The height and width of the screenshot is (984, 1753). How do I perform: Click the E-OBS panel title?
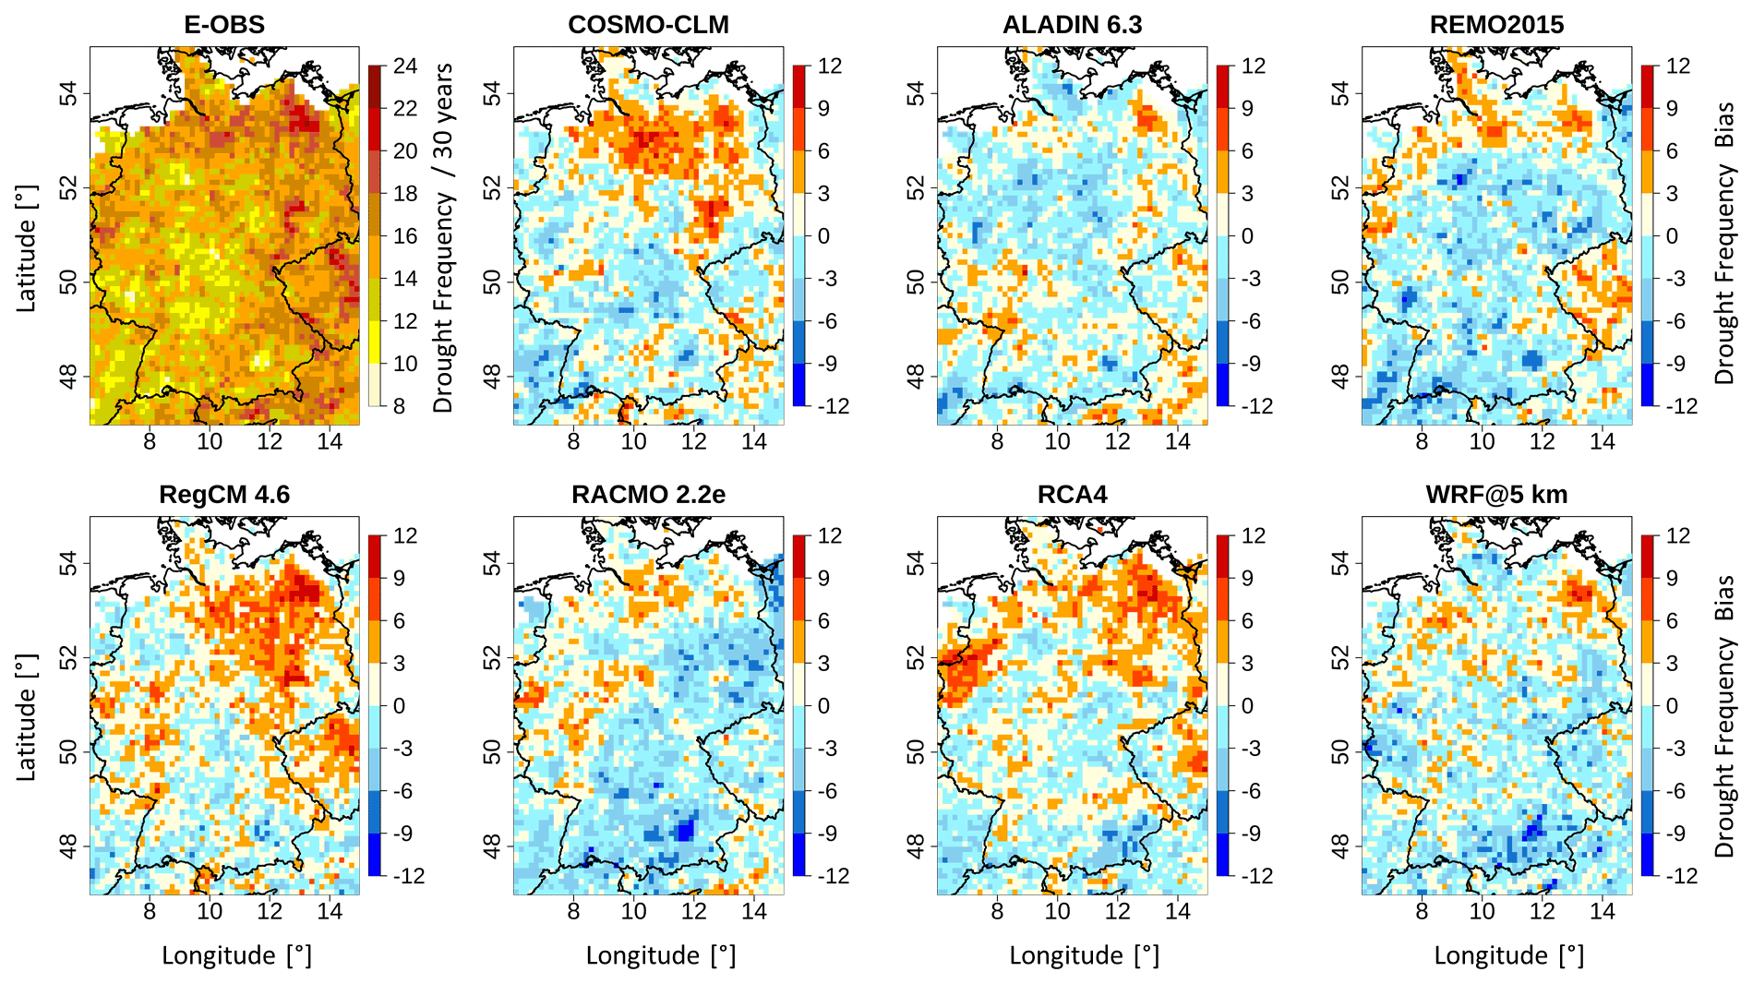pos(224,25)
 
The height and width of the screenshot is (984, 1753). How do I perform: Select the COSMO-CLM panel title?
pos(648,25)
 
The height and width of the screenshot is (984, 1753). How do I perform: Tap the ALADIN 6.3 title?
pos(1072,25)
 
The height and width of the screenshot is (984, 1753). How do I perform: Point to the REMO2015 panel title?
pos(1496,25)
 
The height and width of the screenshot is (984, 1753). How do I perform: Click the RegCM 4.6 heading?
pos(224,495)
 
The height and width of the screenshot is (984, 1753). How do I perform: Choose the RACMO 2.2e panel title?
pos(648,495)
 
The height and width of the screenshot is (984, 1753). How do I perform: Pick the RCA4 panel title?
pos(1072,495)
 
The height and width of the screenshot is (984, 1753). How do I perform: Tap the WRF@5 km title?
pos(1496,495)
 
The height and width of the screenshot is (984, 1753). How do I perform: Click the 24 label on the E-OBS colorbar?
pos(405,66)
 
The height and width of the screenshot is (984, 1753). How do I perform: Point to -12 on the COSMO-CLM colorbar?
pos(834,406)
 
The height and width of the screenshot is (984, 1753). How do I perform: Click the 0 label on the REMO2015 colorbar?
pos(1672,236)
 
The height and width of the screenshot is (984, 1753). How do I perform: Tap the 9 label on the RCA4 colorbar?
pos(1248,579)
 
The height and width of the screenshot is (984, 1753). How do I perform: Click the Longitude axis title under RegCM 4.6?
pos(236,955)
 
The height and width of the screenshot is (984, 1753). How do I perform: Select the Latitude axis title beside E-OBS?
pos(27,249)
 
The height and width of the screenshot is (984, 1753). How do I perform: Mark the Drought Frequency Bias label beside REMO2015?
pos(1723,242)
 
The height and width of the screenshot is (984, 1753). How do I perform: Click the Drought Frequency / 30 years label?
pos(444,237)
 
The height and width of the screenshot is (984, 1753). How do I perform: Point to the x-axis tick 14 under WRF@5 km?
pos(1602,911)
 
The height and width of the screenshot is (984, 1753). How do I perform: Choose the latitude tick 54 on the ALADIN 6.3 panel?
pos(915,93)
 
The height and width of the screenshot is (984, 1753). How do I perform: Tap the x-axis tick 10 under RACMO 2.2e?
pos(633,911)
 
